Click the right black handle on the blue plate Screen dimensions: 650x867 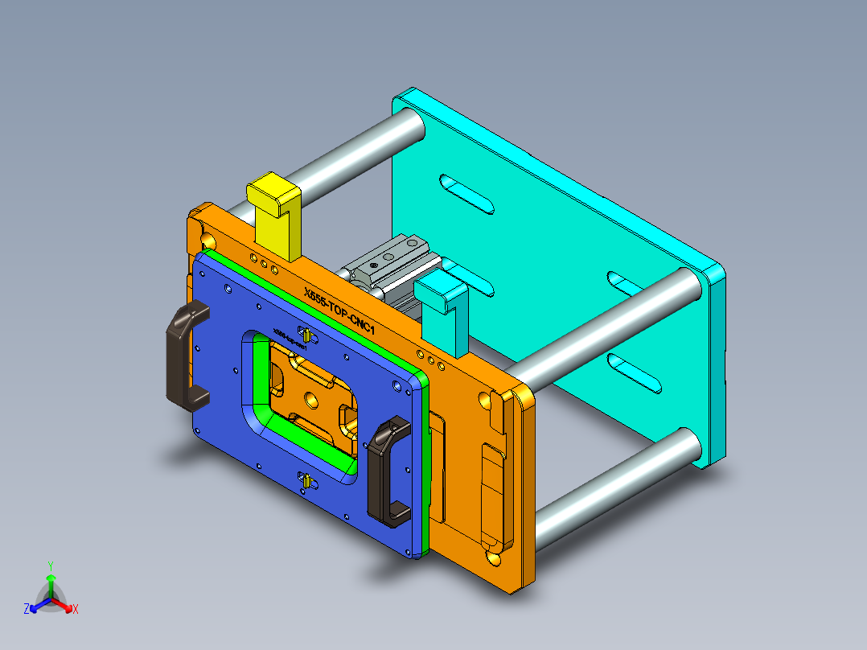pyautogui.click(x=389, y=471)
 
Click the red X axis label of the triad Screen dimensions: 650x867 pyautogui.click(x=76, y=610)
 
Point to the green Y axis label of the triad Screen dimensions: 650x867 pyautogui.click(x=50, y=565)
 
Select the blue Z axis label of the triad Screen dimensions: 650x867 pyautogui.click(x=27, y=609)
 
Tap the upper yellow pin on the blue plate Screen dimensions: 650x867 pyautogui.click(x=306, y=334)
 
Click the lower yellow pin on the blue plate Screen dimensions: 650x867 pyautogui.click(x=306, y=482)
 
